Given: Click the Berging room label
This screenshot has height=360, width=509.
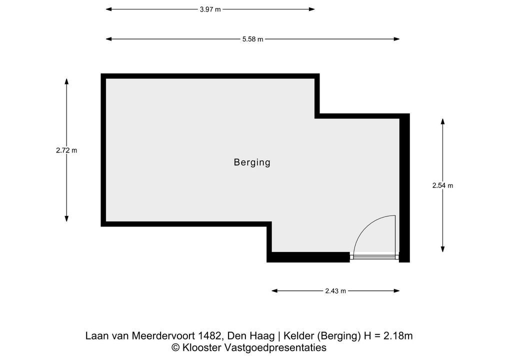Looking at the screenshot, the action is pyautogui.click(x=252, y=162).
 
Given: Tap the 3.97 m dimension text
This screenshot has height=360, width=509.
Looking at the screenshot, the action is pyautogui.click(x=210, y=9).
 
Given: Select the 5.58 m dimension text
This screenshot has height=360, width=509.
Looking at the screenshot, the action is pyautogui.click(x=253, y=39).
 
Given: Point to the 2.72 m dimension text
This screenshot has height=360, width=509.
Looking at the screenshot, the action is pyautogui.click(x=66, y=150).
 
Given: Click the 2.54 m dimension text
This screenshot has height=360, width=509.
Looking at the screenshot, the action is pyautogui.click(x=442, y=185).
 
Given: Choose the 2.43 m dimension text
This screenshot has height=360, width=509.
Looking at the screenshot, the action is pyautogui.click(x=335, y=291).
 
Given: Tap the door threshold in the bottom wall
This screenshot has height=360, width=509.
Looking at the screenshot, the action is pyautogui.click(x=374, y=257).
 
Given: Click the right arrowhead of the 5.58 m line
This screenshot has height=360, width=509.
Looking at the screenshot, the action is pyautogui.click(x=396, y=39).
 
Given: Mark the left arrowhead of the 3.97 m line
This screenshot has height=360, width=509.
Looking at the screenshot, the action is pyautogui.click(x=109, y=9).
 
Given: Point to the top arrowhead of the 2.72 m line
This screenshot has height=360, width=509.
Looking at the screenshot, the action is pyautogui.click(x=66, y=81).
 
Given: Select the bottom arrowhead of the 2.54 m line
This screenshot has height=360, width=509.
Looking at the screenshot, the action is pyautogui.click(x=442, y=249).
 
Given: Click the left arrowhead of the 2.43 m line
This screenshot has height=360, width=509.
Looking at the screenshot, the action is pyautogui.click(x=274, y=291).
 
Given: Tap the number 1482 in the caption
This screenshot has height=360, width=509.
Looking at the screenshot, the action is pyautogui.click(x=208, y=335).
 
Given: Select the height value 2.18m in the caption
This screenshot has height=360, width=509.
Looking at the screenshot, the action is pyautogui.click(x=398, y=335).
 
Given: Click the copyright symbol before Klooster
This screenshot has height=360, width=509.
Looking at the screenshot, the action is pyautogui.click(x=175, y=347).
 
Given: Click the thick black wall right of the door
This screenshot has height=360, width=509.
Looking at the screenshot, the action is pyautogui.click(x=404, y=188).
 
